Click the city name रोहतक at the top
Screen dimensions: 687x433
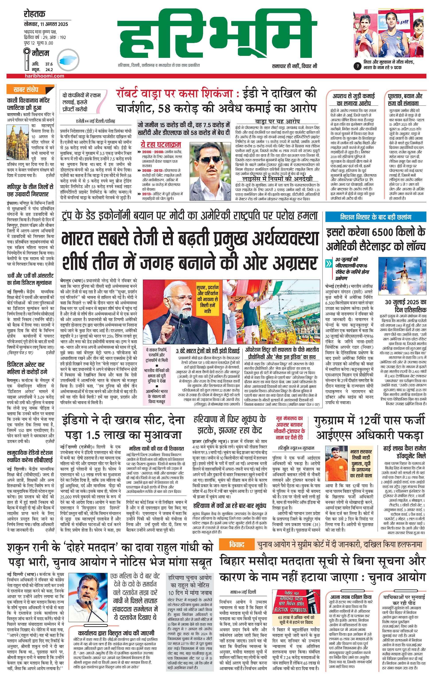[x=35, y=14]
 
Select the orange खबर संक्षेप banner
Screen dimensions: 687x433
[x=26, y=90]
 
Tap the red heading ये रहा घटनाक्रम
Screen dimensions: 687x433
[x=161, y=144]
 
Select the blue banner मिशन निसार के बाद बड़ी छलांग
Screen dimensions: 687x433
[x=376, y=217]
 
